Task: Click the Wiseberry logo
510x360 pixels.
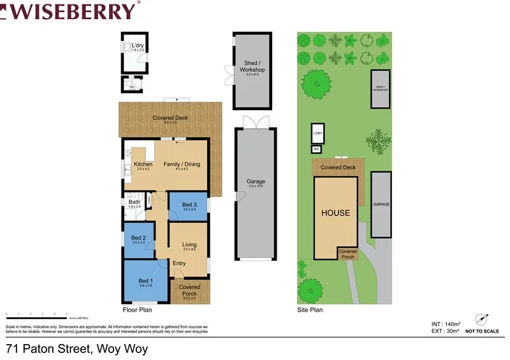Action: pos(70,11)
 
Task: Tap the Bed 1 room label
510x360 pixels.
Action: pos(145,281)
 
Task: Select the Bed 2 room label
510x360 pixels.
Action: pos(139,237)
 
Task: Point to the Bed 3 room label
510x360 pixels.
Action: pos(189,205)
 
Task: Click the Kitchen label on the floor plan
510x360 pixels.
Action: pos(143,164)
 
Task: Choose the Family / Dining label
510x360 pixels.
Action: pos(182,164)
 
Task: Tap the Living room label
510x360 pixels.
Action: pos(189,245)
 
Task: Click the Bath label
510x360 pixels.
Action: pos(134,203)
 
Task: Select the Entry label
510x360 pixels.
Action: pos(179,263)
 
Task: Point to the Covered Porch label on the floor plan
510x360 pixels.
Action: pos(189,290)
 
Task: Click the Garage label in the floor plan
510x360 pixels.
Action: pos(256,182)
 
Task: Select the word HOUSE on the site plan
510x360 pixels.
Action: pos(335,213)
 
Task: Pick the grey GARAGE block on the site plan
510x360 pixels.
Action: pos(381,204)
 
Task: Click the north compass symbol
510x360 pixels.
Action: pos(481,318)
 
